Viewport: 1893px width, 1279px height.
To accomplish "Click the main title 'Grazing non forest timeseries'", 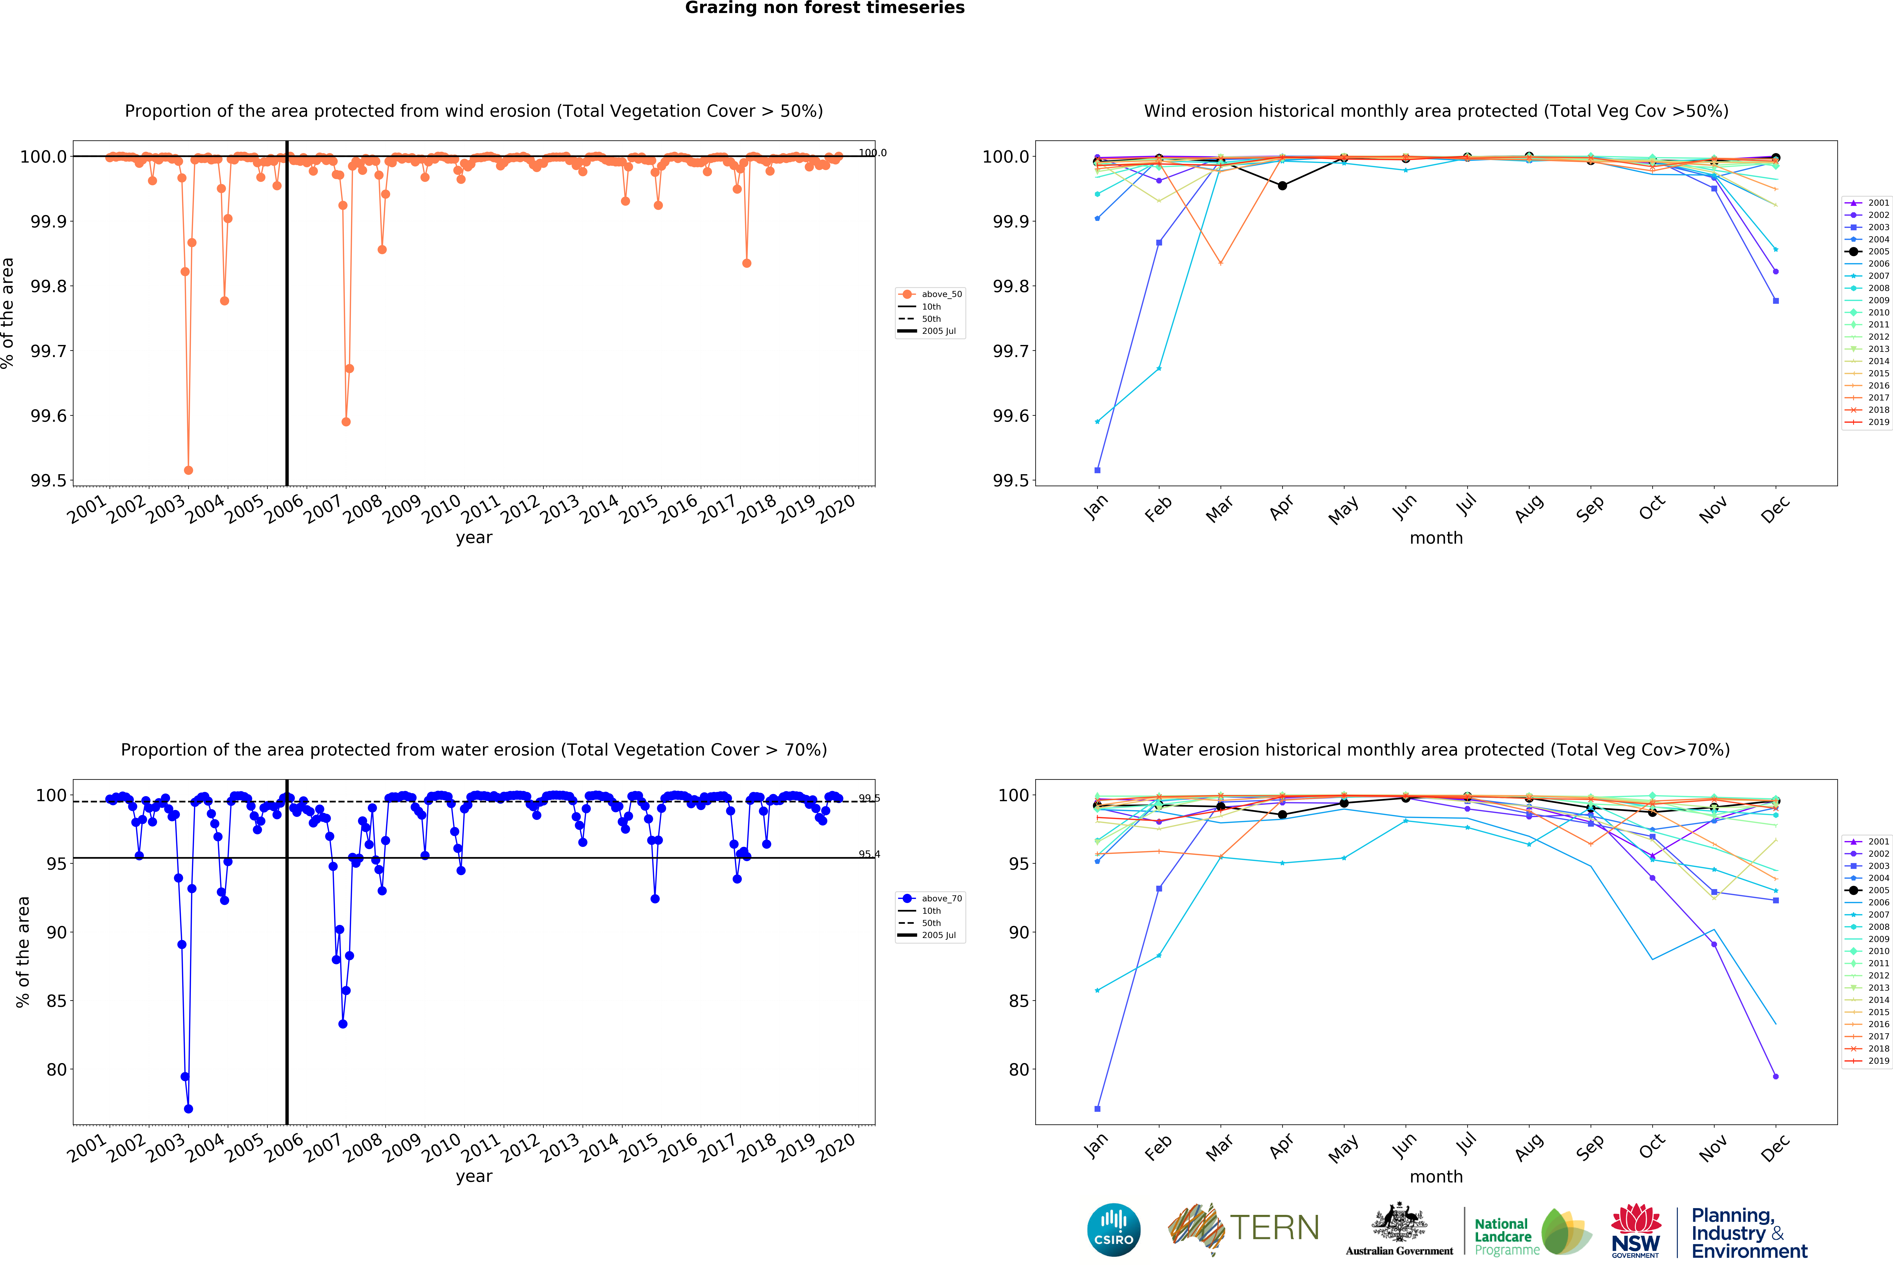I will coord(824,8).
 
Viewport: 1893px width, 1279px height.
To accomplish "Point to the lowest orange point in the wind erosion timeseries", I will coord(188,470).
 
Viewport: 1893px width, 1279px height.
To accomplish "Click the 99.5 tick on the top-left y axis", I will coord(49,481).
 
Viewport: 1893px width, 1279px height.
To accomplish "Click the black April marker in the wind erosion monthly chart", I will coord(1282,186).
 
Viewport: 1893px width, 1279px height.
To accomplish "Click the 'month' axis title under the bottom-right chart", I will coord(1436,1176).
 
